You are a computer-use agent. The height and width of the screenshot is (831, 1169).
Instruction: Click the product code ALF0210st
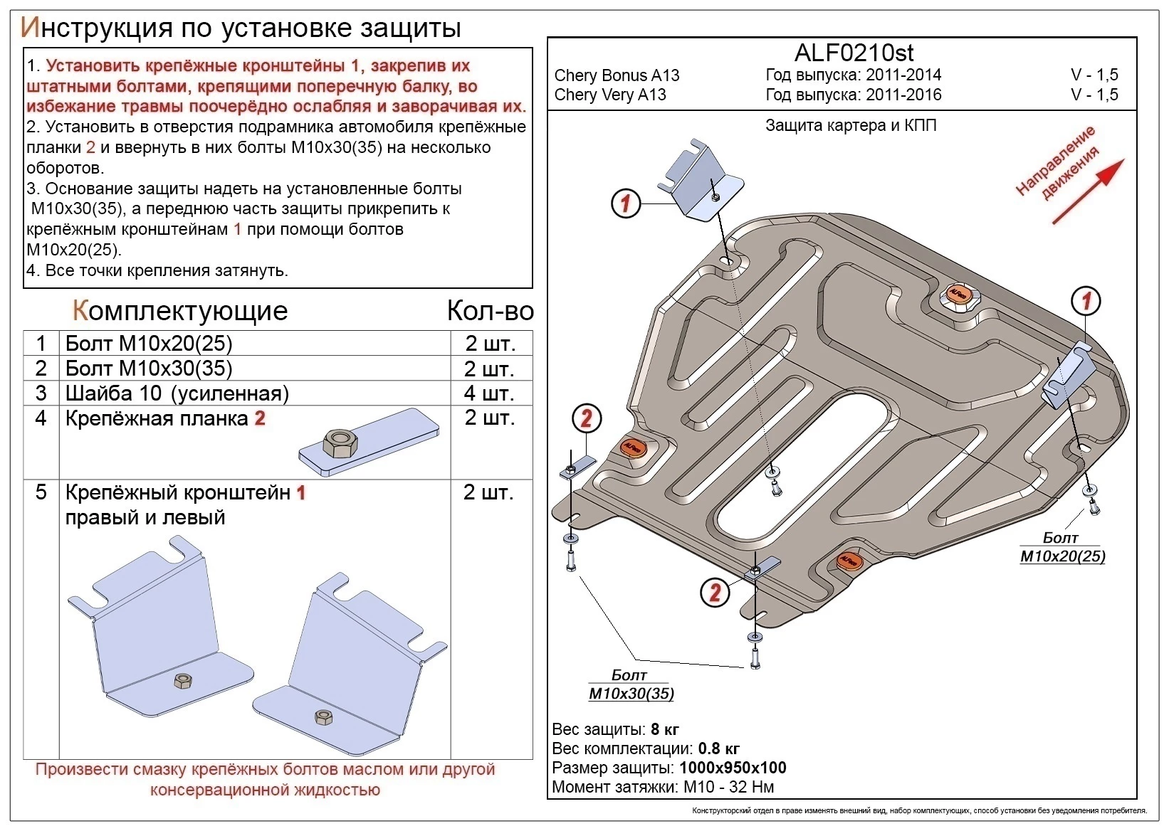click(854, 53)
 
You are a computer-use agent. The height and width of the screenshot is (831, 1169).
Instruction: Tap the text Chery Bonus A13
click(617, 75)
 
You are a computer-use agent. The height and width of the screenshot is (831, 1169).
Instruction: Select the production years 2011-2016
click(903, 95)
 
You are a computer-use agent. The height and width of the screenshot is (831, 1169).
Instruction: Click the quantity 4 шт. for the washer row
click(488, 393)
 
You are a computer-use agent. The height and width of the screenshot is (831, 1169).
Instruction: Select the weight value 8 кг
click(665, 729)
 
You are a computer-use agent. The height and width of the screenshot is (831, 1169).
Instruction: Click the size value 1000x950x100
click(733, 768)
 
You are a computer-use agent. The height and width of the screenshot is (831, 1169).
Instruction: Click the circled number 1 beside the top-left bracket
click(626, 204)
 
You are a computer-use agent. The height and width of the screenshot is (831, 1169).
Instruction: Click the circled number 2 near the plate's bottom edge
click(715, 592)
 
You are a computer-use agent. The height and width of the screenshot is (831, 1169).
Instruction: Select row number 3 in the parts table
click(41, 393)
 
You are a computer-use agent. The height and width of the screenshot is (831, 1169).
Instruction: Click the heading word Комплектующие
click(180, 311)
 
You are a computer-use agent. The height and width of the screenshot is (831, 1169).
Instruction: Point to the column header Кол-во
click(490, 311)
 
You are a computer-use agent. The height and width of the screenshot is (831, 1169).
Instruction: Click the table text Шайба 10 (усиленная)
click(177, 393)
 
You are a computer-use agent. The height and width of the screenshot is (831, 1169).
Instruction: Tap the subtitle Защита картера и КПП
click(851, 126)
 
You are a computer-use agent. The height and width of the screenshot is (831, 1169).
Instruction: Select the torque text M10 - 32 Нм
click(728, 787)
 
